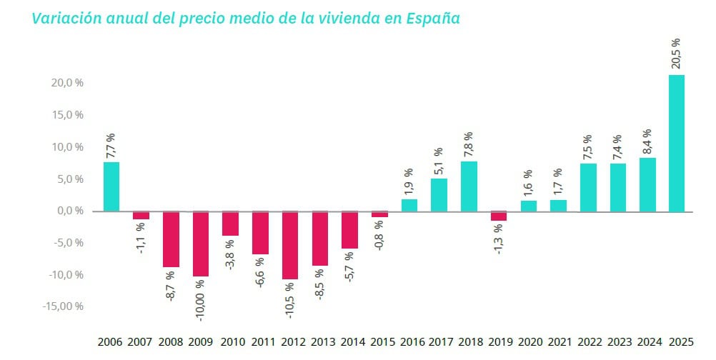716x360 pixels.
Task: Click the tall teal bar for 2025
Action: point(676,143)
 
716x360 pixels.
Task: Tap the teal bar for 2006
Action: point(111,186)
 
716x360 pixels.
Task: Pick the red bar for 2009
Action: point(201,244)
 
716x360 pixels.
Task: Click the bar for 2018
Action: point(468,186)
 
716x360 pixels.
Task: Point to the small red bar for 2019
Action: point(498,216)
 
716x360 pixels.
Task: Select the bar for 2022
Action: point(587,187)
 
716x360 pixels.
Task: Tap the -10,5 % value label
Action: point(289,299)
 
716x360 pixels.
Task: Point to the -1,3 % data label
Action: point(498,239)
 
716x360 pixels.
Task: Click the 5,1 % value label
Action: point(439,161)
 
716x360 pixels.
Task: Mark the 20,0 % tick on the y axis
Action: point(68,83)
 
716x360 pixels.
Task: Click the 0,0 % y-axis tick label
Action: point(71,211)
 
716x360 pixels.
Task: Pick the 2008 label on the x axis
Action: point(171,342)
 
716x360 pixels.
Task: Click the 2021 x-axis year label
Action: point(557,342)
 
